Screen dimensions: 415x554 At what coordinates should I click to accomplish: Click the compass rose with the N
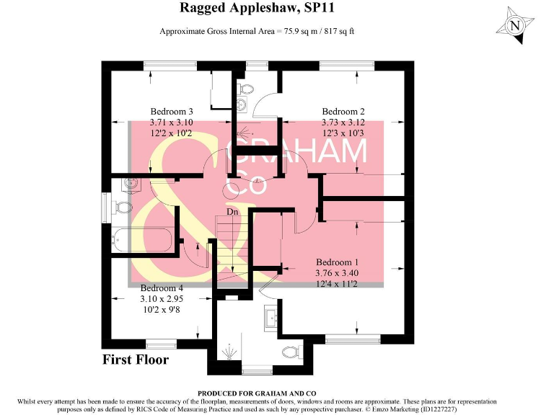[x=515, y=26]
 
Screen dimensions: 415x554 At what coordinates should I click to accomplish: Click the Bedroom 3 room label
[x=172, y=112]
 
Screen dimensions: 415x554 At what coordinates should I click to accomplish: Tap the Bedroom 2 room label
[x=343, y=112]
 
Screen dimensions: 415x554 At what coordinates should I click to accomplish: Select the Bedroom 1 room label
[x=337, y=262]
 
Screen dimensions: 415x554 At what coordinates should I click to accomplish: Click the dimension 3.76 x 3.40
[x=337, y=274]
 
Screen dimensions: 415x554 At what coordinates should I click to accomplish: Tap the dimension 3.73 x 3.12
[x=343, y=123]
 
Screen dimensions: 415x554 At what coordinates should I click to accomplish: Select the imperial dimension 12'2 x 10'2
[x=172, y=135]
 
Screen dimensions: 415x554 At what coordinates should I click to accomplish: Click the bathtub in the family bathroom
[x=142, y=241]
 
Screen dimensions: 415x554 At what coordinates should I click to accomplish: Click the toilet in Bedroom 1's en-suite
[x=291, y=353]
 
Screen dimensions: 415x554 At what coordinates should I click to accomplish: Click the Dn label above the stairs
[x=232, y=213]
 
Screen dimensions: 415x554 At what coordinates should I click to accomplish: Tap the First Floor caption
[x=135, y=360]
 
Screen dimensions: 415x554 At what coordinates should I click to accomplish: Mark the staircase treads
[x=231, y=249]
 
